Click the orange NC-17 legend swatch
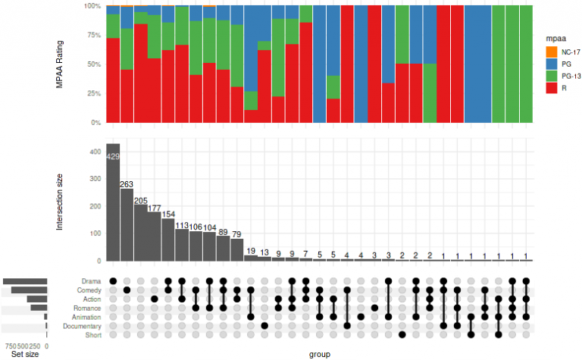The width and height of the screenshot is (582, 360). tap(550, 52)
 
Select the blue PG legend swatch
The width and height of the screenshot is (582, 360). tap(550, 64)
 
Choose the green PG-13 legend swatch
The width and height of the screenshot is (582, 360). tap(550, 77)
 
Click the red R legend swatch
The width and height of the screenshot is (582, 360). tap(550, 89)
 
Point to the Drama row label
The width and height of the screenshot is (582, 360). tap(90, 281)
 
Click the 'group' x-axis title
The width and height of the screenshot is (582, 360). tap(319, 354)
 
